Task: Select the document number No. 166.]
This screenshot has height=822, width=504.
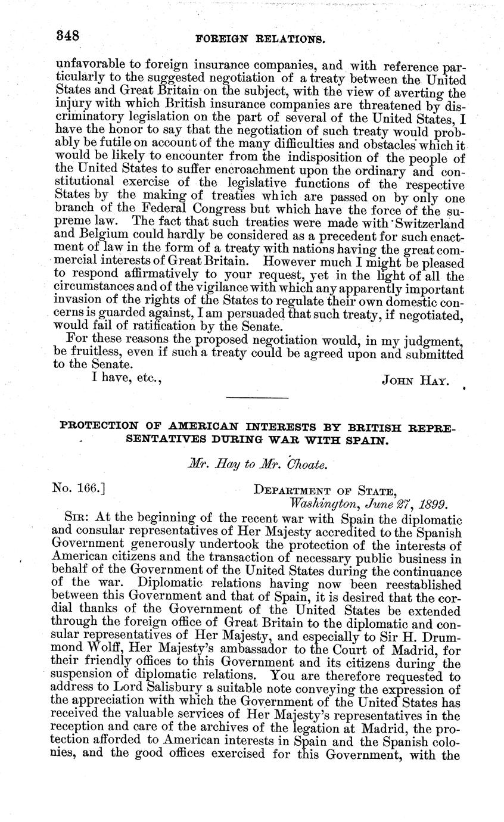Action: (79, 489)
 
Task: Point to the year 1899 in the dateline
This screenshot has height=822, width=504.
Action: (430, 504)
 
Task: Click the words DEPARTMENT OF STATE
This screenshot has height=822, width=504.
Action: (325, 490)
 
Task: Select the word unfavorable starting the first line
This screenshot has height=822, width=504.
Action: (88, 64)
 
